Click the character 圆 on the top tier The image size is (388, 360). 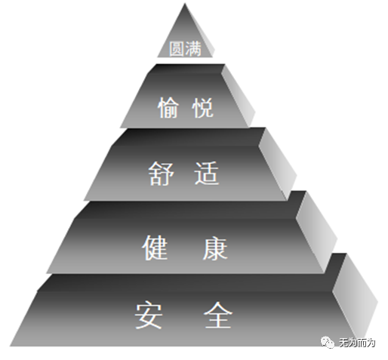point(176,49)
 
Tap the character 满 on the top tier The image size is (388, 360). point(193,49)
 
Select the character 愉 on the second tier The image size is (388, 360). point(168,108)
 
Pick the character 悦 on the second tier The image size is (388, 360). point(203,108)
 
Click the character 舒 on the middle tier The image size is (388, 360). point(161,174)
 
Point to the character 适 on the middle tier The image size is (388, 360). point(207,174)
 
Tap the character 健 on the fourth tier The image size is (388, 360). point(155,248)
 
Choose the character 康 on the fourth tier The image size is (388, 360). point(215,248)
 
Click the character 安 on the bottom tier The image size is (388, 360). point(149,315)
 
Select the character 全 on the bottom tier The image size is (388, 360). point(218,315)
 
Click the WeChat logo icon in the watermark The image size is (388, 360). point(328,343)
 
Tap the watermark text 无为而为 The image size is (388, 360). point(357,343)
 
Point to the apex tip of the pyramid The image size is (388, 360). point(185,3)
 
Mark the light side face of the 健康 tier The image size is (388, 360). point(316,232)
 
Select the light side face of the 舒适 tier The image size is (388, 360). point(278,165)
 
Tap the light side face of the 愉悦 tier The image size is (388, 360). point(239,96)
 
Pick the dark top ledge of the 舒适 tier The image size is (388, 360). point(189,137)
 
